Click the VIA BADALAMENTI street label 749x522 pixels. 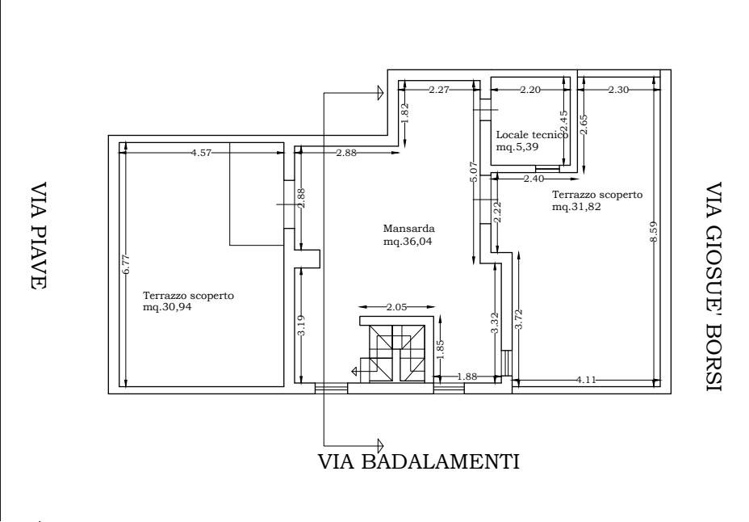pyautogui.click(x=418, y=461)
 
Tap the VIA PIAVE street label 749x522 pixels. pyautogui.click(x=38, y=235)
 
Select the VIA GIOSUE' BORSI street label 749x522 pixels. pyautogui.click(x=713, y=286)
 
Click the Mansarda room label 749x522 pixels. pyautogui.click(x=409, y=229)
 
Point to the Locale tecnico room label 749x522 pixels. pyautogui.click(x=532, y=135)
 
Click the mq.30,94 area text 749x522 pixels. pyautogui.click(x=167, y=307)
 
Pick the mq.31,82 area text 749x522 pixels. pyautogui.click(x=576, y=207)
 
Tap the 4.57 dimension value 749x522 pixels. pyautogui.click(x=200, y=153)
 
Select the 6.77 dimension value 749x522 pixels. pyautogui.click(x=126, y=264)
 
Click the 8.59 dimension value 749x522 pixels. pyautogui.click(x=654, y=231)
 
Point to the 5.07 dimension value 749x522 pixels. pyautogui.click(x=474, y=171)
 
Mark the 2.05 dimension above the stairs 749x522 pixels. pyautogui.click(x=397, y=307)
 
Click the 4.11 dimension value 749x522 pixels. pyautogui.click(x=586, y=380)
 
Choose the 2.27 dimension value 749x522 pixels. pyautogui.click(x=439, y=90)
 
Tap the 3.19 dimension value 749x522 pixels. pyautogui.click(x=301, y=325)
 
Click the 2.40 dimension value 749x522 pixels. pyautogui.click(x=534, y=179)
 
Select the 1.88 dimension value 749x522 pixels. pyautogui.click(x=467, y=377)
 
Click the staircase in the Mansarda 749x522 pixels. pyautogui.click(x=393, y=353)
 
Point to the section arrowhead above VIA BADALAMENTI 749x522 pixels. pyautogui.click(x=380, y=445)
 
